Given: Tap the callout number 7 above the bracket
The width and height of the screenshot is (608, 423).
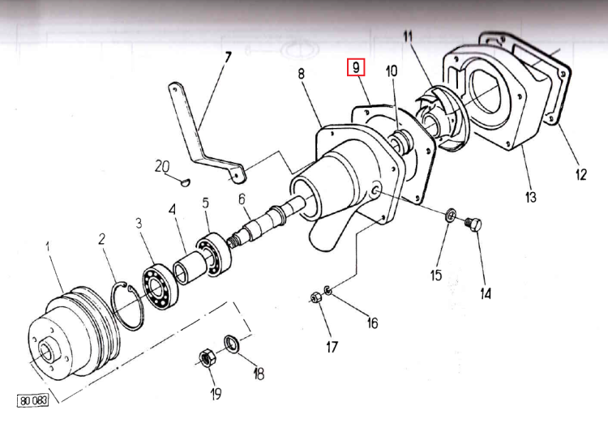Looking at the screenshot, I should (x=228, y=57).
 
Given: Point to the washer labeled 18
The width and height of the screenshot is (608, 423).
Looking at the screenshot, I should (x=231, y=343).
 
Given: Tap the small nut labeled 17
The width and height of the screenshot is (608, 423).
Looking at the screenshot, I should (x=316, y=298).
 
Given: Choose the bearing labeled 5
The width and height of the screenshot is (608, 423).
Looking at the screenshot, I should (x=216, y=254).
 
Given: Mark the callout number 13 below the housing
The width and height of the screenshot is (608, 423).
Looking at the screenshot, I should (x=531, y=197).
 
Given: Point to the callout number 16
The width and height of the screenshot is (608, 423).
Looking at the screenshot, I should (x=372, y=323).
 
